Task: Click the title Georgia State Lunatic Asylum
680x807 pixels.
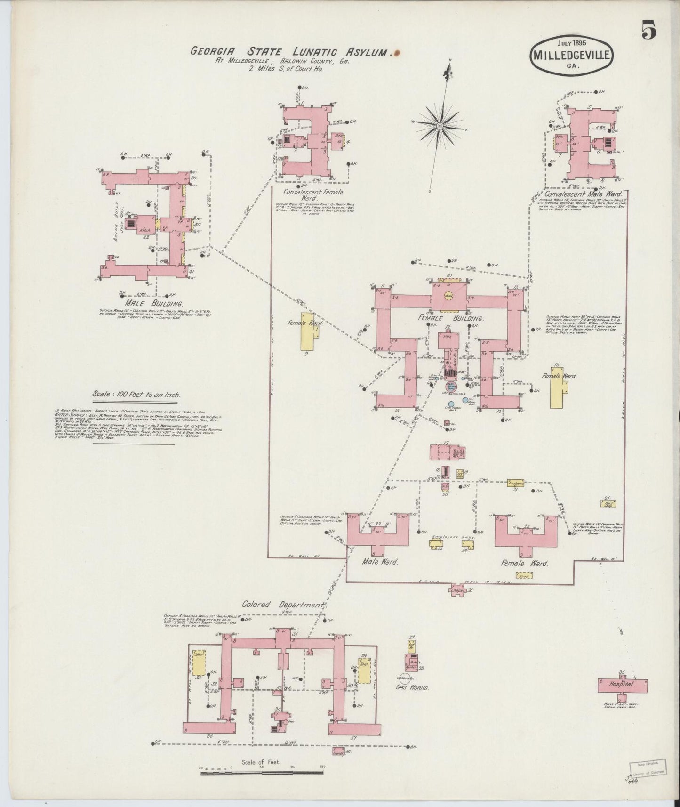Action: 292,51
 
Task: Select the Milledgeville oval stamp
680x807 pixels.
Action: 572,55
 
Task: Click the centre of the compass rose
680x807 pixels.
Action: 439,126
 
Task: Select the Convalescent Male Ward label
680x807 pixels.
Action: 583,194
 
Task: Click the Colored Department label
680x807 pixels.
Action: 283,605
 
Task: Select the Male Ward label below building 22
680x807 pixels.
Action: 380,562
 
